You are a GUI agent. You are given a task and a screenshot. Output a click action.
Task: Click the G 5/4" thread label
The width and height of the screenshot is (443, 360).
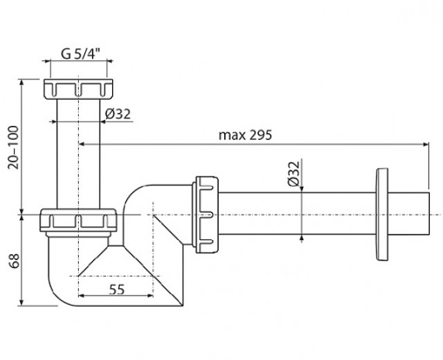[81, 54]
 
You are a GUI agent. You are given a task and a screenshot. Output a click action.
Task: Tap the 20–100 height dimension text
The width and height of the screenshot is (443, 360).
[13, 147]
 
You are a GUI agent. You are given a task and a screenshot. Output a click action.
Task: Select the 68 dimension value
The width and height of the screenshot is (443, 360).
[14, 260]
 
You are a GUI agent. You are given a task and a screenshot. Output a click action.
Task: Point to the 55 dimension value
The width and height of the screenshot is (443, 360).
[117, 289]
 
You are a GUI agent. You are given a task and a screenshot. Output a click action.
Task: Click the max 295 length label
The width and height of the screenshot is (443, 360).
[245, 135]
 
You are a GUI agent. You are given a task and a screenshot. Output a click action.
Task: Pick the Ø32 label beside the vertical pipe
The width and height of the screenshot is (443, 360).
[118, 114]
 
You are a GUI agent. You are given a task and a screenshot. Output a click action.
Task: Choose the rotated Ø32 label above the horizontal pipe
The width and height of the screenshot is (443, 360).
[293, 174]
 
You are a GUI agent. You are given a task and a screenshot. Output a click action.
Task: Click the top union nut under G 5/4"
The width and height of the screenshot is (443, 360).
[78, 89]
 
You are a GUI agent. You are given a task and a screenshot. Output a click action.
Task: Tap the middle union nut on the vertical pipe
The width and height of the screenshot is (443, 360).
[78, 220]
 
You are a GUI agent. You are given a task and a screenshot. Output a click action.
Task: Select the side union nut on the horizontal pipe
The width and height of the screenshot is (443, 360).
[206, 215]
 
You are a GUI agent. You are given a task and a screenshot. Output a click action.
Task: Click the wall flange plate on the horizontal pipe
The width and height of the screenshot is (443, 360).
[382, 215]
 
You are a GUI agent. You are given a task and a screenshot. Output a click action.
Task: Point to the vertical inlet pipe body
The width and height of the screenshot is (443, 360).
[78, 154]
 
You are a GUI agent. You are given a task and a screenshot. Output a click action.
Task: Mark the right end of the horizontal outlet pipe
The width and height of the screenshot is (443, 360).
[429, 214]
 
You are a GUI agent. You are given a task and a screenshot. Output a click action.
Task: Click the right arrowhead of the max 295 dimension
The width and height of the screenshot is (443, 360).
[426, 145]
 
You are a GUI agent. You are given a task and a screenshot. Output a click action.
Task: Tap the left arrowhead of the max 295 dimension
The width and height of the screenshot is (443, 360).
[82, 145]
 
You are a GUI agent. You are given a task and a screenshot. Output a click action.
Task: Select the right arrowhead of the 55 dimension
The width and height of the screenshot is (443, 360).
[150, 296]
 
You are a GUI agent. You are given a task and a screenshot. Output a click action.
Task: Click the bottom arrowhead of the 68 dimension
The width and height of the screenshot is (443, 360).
[21, 303]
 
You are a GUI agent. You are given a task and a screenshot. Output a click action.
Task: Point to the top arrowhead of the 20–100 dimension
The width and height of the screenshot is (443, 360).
[21, 83]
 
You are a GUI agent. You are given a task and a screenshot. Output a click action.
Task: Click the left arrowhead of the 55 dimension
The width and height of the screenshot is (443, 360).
[82, 296]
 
